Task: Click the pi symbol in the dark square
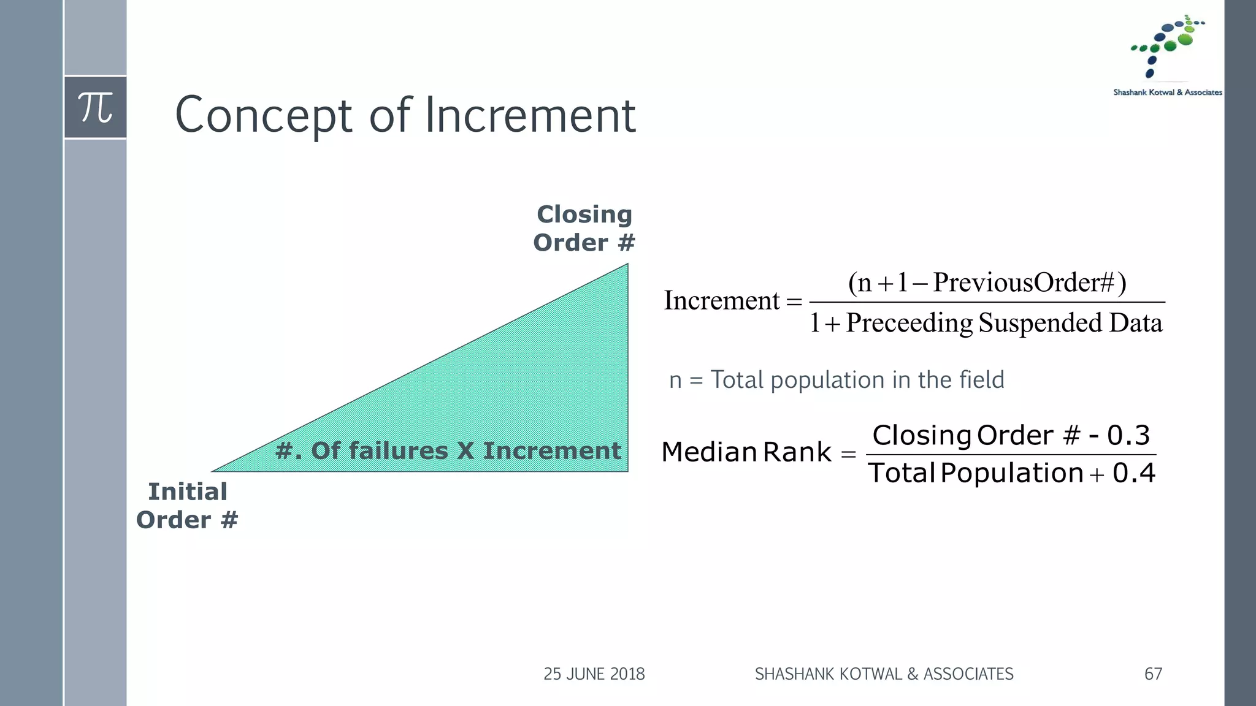pos(95,107)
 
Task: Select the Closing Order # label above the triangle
pos(584,229)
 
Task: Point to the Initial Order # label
pos(187,506)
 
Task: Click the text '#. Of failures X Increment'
pos(448,451)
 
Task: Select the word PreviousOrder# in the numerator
pos(1023,283)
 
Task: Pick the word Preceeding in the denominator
pos(909,323)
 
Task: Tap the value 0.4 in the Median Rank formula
pos(1133,473)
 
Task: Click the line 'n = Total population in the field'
pos(837,380)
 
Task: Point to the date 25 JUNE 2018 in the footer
pos(594,674)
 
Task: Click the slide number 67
pos(1153,674)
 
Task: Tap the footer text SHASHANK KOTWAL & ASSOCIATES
pos(884,674)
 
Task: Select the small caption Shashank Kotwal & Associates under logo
pos(1168,93)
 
